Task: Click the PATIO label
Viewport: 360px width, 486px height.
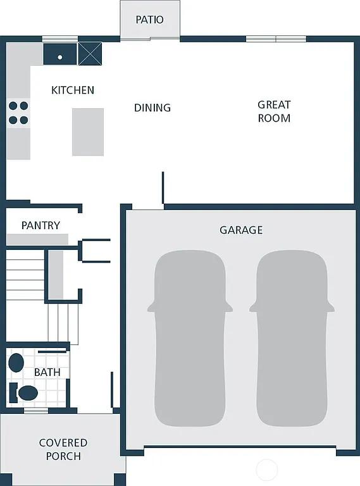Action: [x=149, y=20]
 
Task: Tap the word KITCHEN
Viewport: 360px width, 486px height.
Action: [x=73, y=90]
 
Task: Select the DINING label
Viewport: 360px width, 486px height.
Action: [x=152, y=108]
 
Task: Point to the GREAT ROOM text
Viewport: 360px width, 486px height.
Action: [x=274, y=111]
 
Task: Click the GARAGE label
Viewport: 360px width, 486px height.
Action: [x=241, y=230]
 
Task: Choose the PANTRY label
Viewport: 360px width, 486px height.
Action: [x=40, y=225]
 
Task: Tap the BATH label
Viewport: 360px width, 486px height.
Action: [x=47, y=372]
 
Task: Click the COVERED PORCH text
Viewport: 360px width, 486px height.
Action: [x=63, y=449]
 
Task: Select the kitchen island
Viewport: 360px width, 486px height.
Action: [x=88, y=132]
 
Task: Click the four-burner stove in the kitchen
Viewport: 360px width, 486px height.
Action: [x=18, y=113]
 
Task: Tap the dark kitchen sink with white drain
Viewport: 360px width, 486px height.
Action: [x=60, y=54]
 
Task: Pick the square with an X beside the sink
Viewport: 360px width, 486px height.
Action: [x=90, y=53]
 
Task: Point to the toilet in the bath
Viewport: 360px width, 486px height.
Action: [x=25, y=392]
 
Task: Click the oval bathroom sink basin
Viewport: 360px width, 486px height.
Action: [x=16, y=363]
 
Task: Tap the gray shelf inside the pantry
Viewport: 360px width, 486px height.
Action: [x=37, y=239]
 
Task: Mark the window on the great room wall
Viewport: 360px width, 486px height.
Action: [x=276, y=39]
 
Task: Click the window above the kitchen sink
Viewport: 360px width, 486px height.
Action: [x=60, y=39]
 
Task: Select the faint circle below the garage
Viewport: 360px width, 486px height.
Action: [x=267, y=470]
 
